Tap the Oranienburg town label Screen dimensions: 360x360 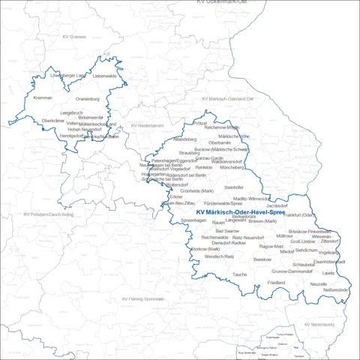point(88,98)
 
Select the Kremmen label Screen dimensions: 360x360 point(43,98)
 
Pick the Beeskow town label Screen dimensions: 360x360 point(262,259)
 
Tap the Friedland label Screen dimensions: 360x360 point(276,282)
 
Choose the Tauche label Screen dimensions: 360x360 point(239,274)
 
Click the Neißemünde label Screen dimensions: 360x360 point(335,290)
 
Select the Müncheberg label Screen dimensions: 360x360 point(232,168)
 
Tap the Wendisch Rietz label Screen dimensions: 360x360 point(220,256)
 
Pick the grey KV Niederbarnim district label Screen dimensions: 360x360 point(147,125)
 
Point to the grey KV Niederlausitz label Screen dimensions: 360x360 point(321,324)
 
